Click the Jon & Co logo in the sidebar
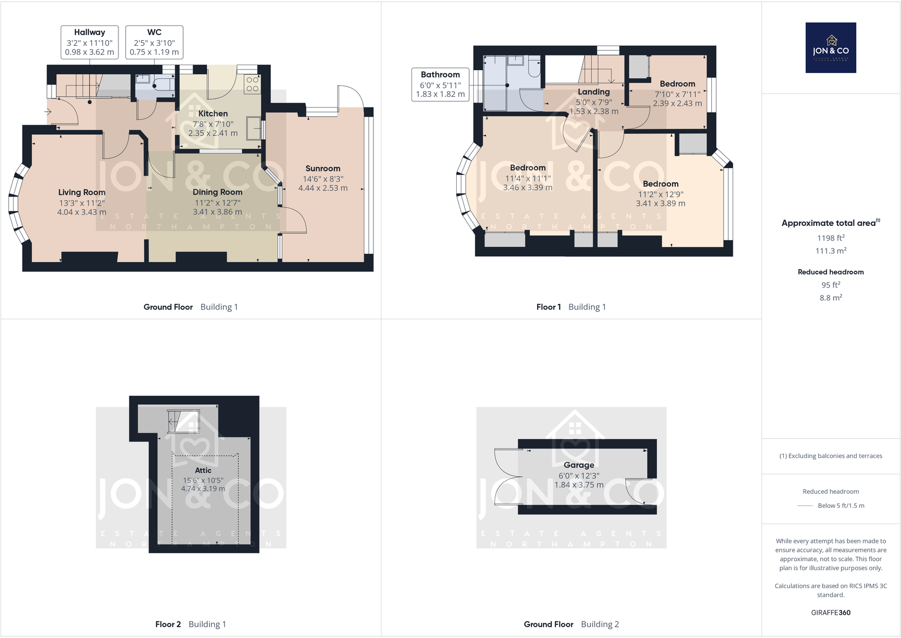tap(830, 48)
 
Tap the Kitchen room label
tap(213, 114)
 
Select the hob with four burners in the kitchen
tap(252, 84)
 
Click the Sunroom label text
tap(322, 169)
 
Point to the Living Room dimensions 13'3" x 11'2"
tap(82, 203)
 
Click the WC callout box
tap(154, 42)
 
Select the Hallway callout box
tap(90, 42)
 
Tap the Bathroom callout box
tap(440, 84)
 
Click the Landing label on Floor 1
tap(593, 92)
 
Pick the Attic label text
tap(203, 470)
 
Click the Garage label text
tap(579, 465)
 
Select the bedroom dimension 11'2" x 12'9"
tap(660, 194)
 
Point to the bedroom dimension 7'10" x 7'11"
tap(677, 94)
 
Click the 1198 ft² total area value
tap(830, 238)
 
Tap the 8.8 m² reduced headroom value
tap(830, 298)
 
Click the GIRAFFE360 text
tap(830, 613)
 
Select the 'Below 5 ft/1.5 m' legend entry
tap(840, 506)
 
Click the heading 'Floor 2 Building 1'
tap(190, 624)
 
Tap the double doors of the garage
tap(505, 477)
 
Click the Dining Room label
tap(217, 192)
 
